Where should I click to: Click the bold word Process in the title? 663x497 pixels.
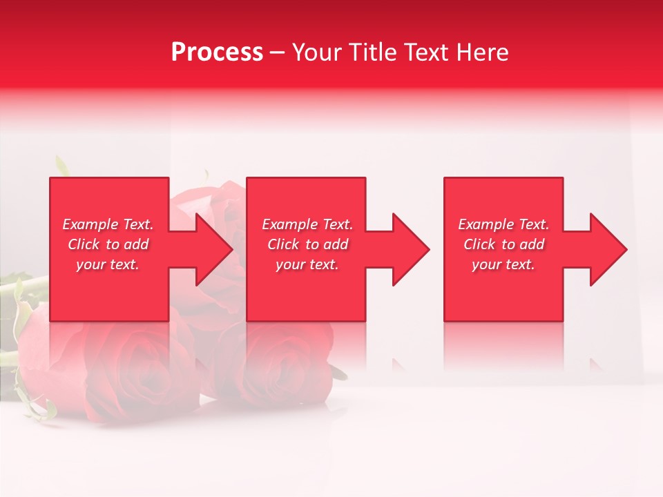tap(217, 52)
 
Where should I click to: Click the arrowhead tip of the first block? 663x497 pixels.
tap(231, 249)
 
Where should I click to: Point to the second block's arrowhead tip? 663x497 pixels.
tap(428, 249)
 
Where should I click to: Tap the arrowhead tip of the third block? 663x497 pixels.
tap(625, 249)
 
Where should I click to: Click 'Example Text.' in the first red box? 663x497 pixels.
tap(108, 224)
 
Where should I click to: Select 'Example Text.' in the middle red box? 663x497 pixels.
tap(307, 224)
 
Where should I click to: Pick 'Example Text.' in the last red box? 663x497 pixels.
tap(503, 224)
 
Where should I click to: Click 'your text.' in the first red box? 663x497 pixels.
tap(108, 264)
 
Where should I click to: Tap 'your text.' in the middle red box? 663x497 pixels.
tap(307, 264)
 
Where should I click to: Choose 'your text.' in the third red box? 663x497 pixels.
tap(503, 264)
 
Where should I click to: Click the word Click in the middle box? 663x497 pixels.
tap(282, 244)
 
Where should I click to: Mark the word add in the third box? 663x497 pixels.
tap(532, 244)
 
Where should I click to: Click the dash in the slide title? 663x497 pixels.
tap(278, 53)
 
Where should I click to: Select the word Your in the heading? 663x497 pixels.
tap(317, 52)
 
